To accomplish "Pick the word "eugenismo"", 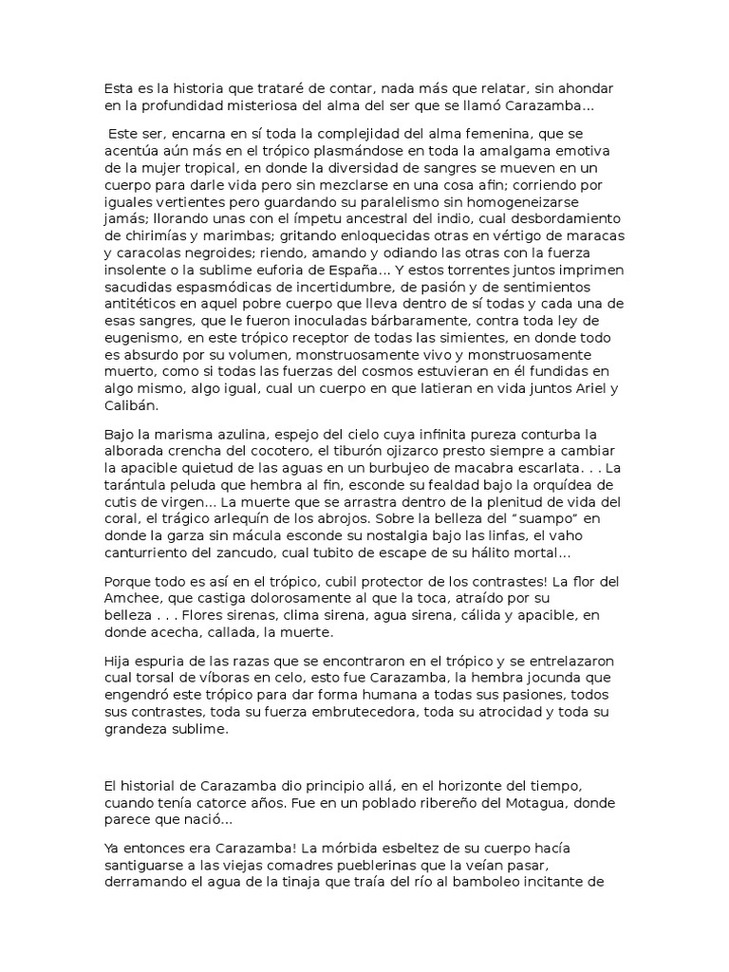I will pyautogui.click(x=140, y=364).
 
